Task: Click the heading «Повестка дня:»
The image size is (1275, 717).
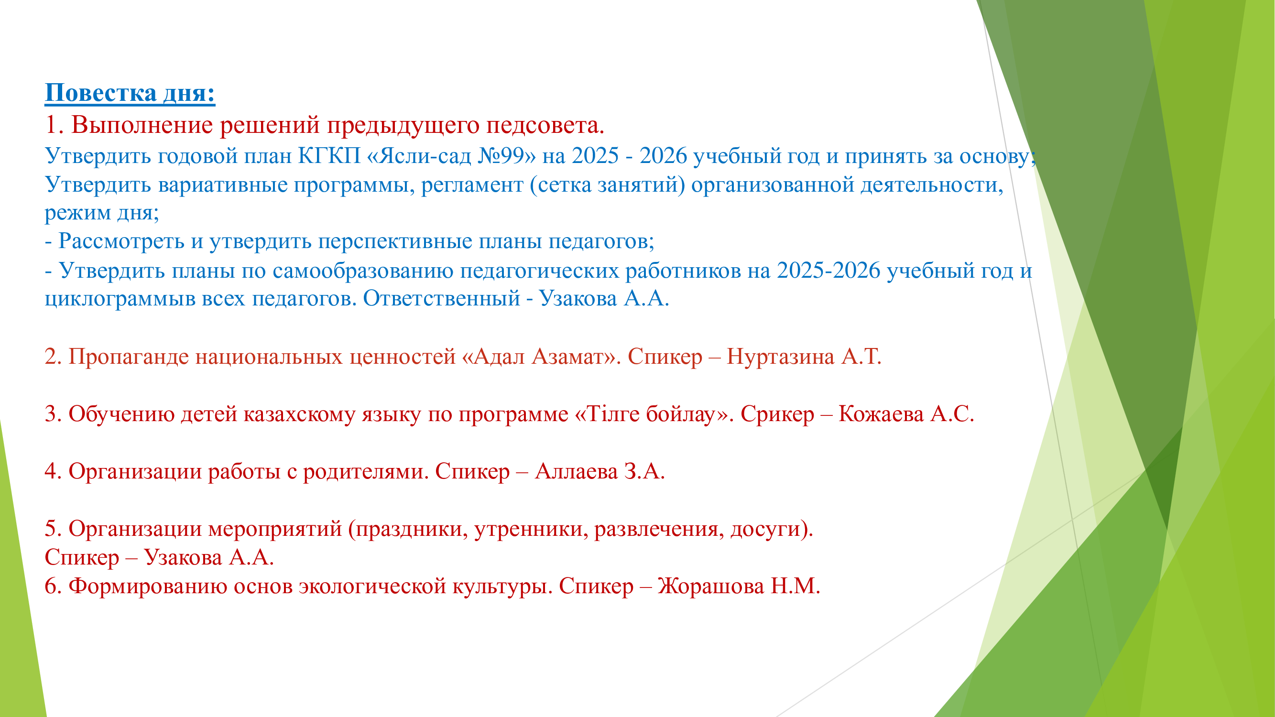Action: coord(130,93)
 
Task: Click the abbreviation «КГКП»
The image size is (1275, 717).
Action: coord(329,155)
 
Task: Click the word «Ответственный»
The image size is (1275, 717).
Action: coord(442,298)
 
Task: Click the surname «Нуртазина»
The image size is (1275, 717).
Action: coord(780,357)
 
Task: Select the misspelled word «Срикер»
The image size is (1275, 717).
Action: coord(777,414)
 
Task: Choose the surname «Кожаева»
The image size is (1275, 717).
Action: coord(881,414)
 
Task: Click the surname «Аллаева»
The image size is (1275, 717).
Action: coord(576,472)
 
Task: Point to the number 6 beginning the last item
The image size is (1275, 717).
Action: coord(51,587)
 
